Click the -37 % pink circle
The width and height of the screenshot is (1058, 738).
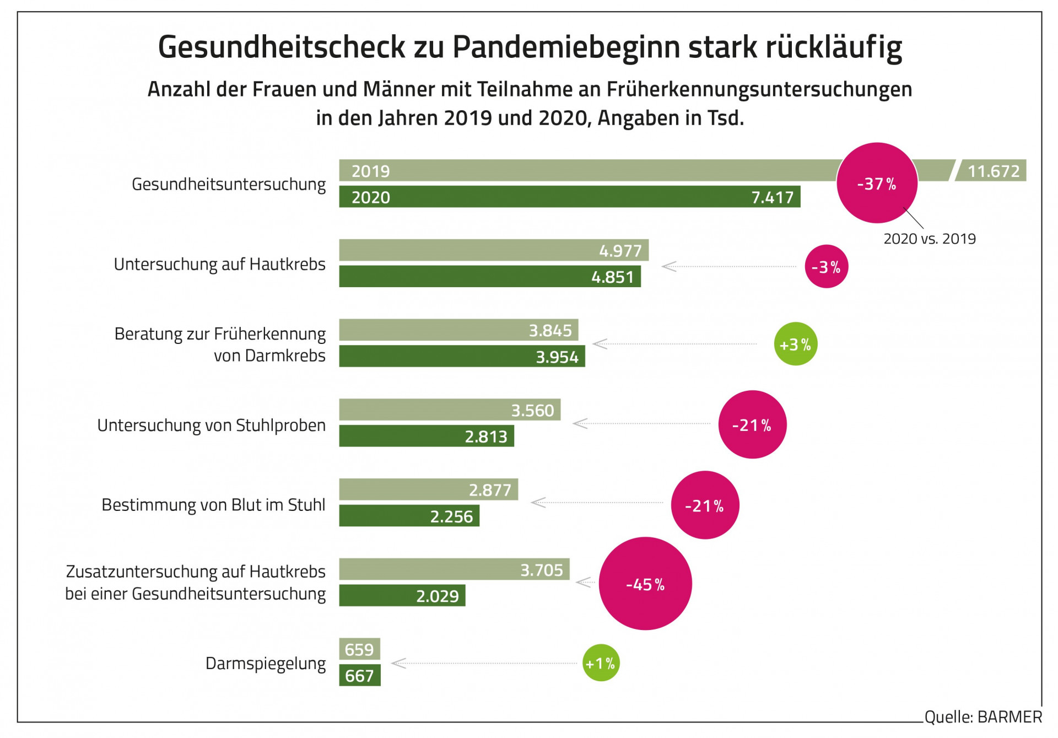(x=876, y=183)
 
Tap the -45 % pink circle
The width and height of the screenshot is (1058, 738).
(x=645, y=584)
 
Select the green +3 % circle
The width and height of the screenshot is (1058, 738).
(x=795, y=344)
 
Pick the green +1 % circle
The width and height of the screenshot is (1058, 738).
(x=601, y=663)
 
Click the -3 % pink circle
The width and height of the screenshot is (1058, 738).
(x=826, y=267)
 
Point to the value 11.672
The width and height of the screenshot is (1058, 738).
(x=994, y=171)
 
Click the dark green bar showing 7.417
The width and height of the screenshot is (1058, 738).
(x=569, y=197)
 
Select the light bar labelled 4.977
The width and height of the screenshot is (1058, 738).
(x=493, y=250)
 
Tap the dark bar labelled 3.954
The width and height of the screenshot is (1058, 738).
(x=461, y=357)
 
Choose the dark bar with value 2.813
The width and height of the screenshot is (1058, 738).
(x=426, y=436)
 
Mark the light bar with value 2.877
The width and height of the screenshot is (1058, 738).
(x=428, y=489)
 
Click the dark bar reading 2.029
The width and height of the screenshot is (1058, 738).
(x=402, y=596)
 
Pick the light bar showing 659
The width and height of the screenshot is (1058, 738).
(x=359, y=649)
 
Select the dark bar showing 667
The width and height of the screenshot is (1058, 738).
(x=359, y=675)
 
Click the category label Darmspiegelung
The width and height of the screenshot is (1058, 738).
(x=265, y=663)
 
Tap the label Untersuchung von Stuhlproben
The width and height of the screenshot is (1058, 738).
(x=211, y=425)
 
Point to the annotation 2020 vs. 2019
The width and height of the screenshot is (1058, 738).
(x=929, y=239)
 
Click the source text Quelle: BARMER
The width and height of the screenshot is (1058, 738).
(x=983, y=717)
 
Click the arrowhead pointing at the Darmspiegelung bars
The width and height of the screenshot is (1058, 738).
(x=398, y=663)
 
